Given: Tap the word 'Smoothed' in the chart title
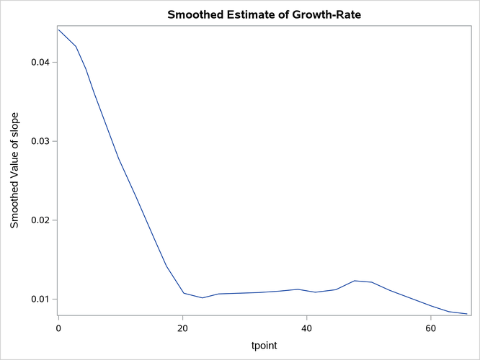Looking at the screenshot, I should (x=195, y=14).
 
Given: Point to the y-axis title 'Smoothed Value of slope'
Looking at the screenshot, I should (x=15, y=171).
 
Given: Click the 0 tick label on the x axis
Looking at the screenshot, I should (x=58, y=328).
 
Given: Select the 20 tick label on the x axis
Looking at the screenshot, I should (x=183, y=328).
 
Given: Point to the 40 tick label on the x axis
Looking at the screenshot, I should (x=307, y=328).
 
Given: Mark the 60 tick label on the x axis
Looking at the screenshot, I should (x=431, y=328).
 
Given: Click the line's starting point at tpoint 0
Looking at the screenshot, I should (x=58, y=30).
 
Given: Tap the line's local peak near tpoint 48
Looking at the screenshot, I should (x=355, y=281).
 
